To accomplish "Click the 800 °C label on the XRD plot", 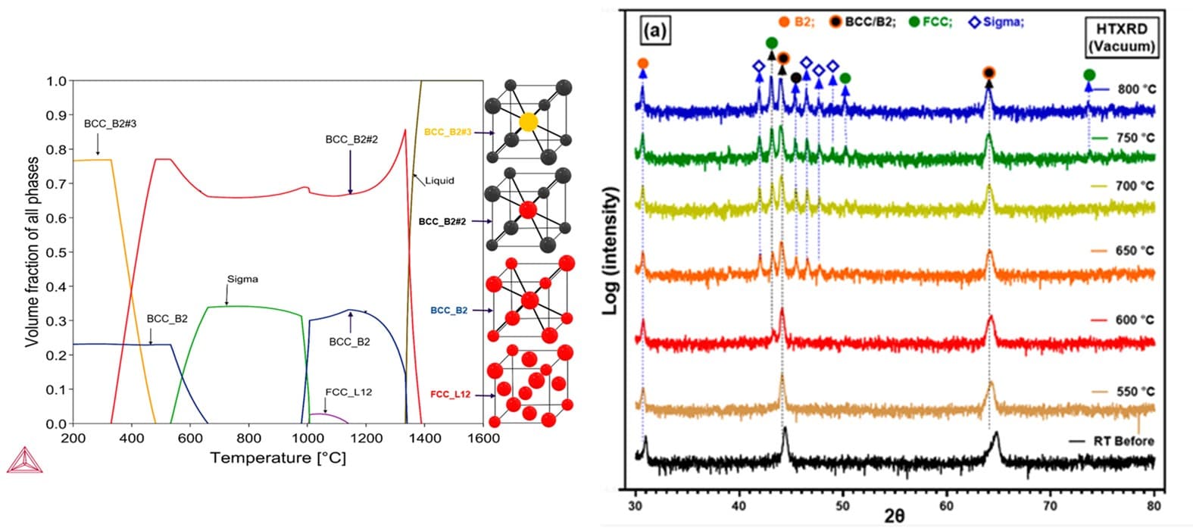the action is coord(1136,89).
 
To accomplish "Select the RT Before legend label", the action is coord(1124,441).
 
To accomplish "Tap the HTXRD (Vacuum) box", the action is coord(1122,37).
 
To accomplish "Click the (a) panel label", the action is coord(654,30).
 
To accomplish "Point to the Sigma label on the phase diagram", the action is coord(242,279).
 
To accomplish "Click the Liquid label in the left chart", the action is coord(439,180).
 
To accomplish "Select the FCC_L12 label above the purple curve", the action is coord(349,392).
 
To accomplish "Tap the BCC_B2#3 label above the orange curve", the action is coord(111,123).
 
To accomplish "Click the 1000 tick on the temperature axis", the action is coord(308,439).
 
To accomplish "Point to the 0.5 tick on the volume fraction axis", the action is coord(57,252).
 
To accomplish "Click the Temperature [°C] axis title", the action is coord(278,458).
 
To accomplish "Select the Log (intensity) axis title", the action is coord(610,250).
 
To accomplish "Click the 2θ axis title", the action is coord(895,516).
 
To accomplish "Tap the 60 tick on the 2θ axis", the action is coord(946,505).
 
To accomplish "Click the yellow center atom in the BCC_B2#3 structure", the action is coord(528,122).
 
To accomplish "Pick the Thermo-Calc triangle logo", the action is coord(24,460).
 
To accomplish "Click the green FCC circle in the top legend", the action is coord(915,22).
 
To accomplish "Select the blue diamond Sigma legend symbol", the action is coord(974,23).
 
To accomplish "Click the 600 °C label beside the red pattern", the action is coord(1135,320).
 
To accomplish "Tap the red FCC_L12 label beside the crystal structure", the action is coord(451,395).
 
